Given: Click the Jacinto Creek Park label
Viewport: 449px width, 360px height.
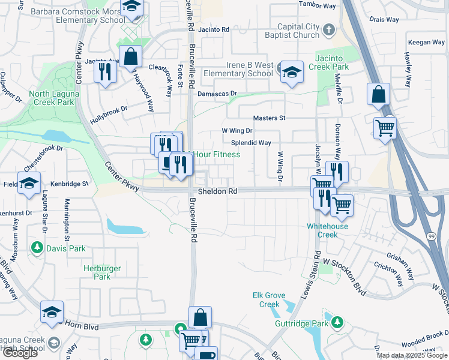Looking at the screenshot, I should click(330, 63).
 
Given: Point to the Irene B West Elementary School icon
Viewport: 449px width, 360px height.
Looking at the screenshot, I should click(291, 71).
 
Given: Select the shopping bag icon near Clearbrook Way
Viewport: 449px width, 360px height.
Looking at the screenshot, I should click(130, 57).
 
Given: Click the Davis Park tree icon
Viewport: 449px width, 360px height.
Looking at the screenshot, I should click(37, 247).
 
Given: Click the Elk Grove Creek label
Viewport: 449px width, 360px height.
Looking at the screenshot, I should click(266, 300).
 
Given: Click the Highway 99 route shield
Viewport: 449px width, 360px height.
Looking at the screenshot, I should click(432, 237).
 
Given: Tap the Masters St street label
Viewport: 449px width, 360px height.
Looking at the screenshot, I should click(269, 118).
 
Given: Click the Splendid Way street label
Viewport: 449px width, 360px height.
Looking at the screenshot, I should click(251, 143).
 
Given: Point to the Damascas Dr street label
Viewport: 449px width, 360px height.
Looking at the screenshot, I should click(217, 94).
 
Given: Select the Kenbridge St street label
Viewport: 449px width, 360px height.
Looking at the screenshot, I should click(69, 183).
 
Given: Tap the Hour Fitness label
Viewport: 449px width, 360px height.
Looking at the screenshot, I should click(216, 155).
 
